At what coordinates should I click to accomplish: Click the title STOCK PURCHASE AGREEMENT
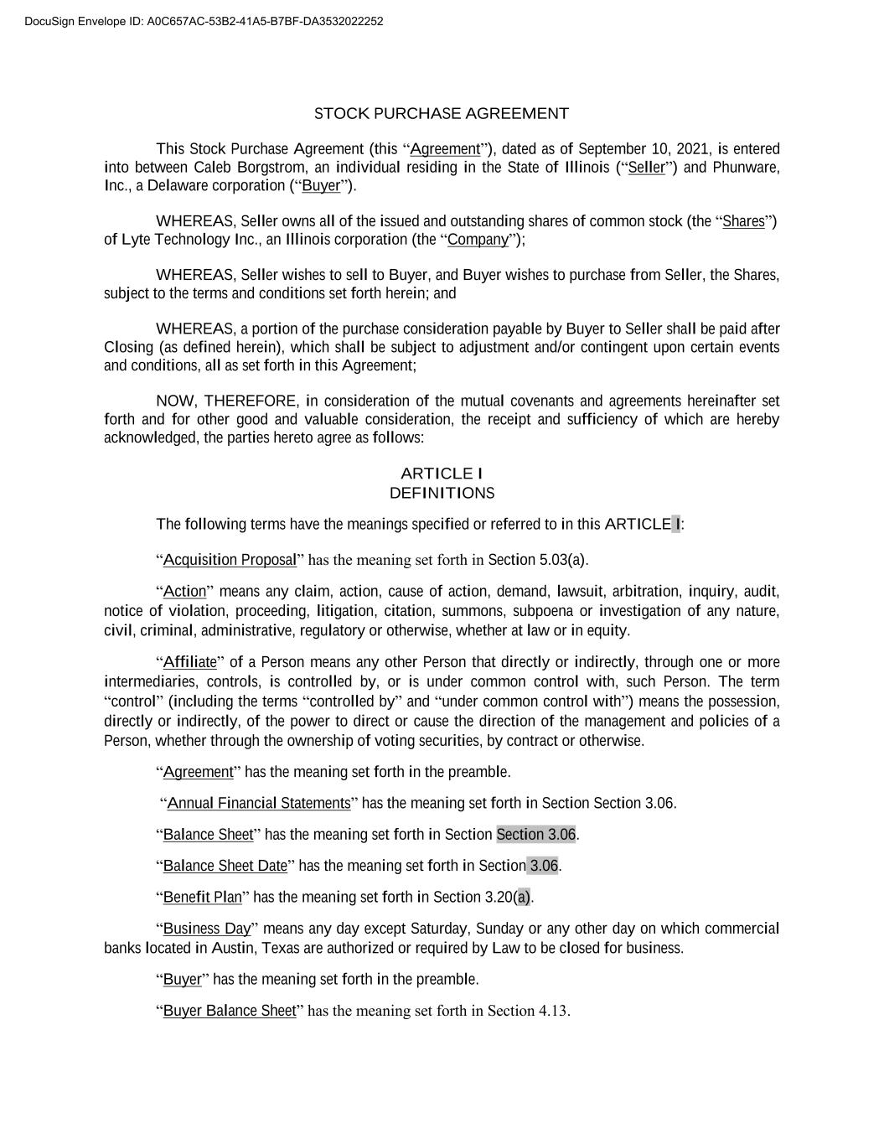point(441,114)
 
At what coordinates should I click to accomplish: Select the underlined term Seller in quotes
point(646,168)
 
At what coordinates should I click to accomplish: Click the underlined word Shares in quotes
point(743,221)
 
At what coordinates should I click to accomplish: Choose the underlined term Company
point(478,240)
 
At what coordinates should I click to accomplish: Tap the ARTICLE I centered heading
point(442,474)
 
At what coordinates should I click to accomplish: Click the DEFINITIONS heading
point(442,493)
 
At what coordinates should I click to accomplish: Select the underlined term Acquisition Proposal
point(230,560)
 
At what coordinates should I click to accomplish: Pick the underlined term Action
point(184,592)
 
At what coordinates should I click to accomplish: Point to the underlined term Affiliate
point(189,662)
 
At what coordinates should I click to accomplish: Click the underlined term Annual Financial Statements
point(259,804)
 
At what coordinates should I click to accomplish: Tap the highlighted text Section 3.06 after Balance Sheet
point(536,835)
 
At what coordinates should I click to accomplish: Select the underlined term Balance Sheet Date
point(225,866)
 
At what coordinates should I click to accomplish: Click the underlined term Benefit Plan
point(202,898)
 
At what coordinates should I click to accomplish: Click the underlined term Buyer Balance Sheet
point(230,1011)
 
